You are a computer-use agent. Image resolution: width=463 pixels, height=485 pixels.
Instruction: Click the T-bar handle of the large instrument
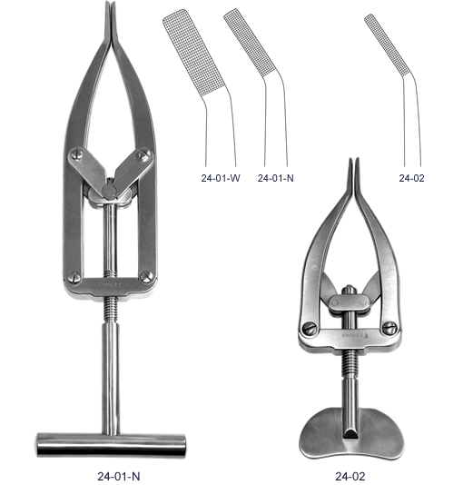coord(112,444)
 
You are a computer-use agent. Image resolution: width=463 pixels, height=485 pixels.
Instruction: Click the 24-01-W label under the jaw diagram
coord(221,178)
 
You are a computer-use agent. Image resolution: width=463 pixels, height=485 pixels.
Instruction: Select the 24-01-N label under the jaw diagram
coord(276,178)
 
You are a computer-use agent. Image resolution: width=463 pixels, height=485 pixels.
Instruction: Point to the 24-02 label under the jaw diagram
coord(411,178)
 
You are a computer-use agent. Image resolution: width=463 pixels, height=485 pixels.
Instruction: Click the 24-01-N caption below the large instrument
coord(119,476)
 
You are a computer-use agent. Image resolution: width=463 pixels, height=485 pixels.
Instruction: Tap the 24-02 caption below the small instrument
coord(350,476)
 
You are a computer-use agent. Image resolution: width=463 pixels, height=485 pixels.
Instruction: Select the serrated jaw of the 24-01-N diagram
coord(250,43)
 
